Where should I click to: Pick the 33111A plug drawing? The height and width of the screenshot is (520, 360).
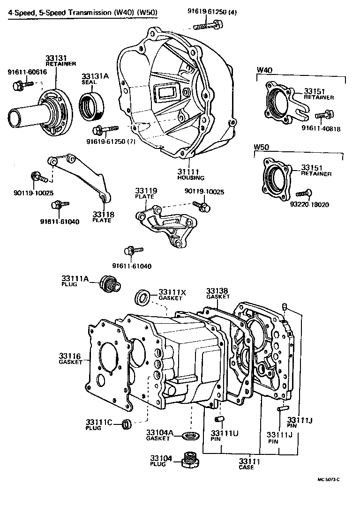tap(111, 282)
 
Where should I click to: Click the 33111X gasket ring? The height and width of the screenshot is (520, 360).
tap(142, 297)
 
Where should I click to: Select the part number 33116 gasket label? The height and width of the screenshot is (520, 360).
tap(70, 358)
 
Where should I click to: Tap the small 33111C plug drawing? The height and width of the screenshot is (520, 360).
tap(126, 424)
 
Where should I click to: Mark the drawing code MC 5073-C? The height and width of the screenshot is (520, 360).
tap(328, 479)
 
